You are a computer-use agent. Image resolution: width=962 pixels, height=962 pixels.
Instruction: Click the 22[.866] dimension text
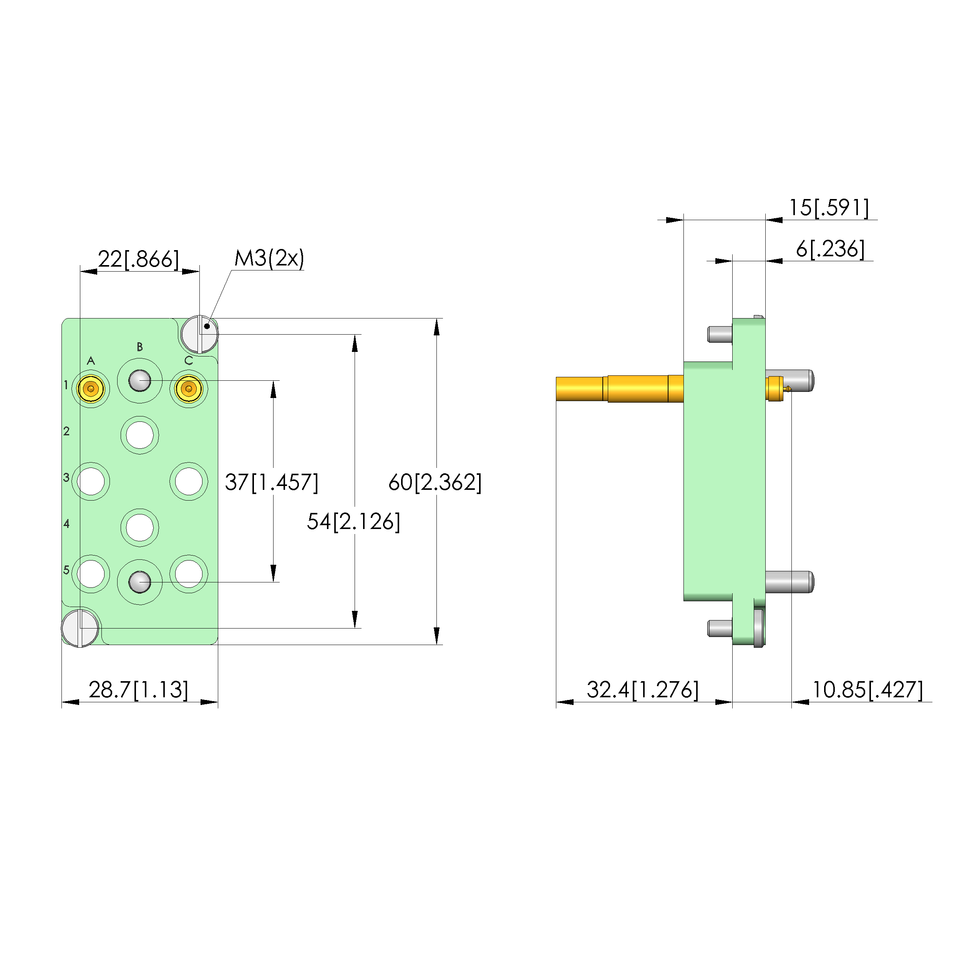[x=138, y=259]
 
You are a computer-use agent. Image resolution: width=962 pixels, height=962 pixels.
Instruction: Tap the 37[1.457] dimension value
[x=271, y=482]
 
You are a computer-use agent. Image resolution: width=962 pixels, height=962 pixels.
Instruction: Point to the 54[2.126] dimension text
[x=353, y=521]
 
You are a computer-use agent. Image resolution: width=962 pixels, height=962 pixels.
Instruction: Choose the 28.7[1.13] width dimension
[x=138, y=690]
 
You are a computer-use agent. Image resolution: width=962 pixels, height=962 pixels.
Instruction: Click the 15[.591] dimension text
[x=829, y=207]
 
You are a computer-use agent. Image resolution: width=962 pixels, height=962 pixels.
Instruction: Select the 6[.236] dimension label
[x=830, y=249]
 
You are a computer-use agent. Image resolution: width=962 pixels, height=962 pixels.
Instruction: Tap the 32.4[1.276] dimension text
[x=643, y=690]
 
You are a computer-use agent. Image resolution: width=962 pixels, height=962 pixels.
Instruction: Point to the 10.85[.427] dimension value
[x=868, y=690]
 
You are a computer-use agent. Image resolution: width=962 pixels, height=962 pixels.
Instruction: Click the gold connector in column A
[x=91, y=389]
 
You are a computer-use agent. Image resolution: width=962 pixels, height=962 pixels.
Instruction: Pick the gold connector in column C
[x=189, y=389]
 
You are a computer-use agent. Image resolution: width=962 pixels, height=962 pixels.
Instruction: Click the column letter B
[x=140, y=347]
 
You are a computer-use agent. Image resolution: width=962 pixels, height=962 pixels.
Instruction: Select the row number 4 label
[x=66, y=523]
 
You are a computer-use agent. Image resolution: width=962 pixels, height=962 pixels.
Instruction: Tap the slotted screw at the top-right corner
[x=199, y=334]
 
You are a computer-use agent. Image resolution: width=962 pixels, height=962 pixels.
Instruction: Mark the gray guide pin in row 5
[x=140, y=582]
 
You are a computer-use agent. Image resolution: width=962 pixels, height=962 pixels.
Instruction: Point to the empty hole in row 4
[x=140, y=527]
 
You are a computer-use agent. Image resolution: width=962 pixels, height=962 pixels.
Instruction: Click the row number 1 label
[x=66, y=385]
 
